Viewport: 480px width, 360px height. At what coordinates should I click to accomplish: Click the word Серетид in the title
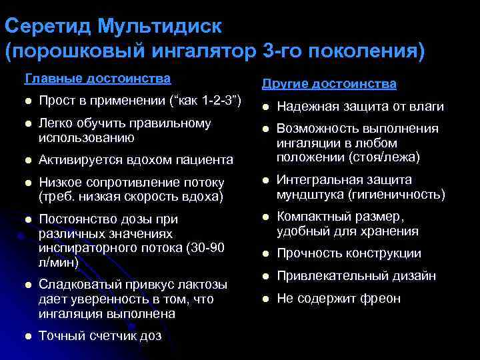pos(47,27)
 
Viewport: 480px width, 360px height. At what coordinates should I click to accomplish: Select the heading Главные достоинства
pos(97,79)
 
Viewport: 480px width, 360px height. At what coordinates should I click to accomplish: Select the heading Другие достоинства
pos(329,84)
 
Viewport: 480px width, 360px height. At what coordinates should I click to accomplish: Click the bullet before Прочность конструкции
pos(265,254)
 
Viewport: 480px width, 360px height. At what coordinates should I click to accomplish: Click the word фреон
pos(381,298)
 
